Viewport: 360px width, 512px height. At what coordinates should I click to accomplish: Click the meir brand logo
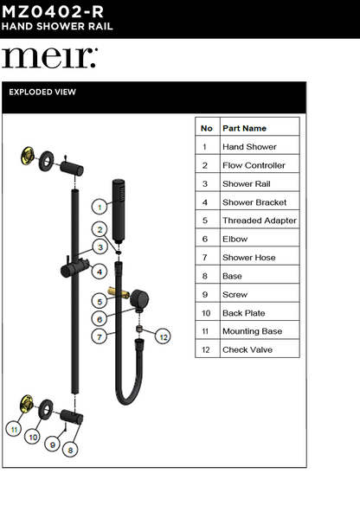click(49, 58)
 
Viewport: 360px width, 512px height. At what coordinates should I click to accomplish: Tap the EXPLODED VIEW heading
click(42, 92)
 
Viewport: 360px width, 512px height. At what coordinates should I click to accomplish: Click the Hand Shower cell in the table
click(249, 147)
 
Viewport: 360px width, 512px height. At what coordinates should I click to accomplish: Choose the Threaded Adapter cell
click(259, 221)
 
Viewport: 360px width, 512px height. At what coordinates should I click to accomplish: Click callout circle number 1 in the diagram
click(100, 207)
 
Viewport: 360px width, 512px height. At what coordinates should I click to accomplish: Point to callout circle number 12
click(163, 336)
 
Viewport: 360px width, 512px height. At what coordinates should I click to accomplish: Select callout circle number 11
click(14, 428)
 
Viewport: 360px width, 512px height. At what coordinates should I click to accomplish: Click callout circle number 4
click(100, 272)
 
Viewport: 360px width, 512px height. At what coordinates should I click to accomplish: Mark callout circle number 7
click(100, 336)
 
